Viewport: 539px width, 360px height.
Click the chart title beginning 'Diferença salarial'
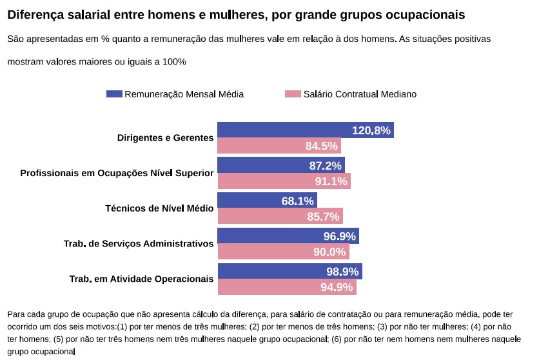236,14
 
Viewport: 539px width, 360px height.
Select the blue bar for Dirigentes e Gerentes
284,130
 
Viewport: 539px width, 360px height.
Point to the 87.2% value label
326,166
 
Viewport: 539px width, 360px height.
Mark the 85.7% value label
323,217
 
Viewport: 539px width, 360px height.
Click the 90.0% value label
329,252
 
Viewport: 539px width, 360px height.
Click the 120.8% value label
371,130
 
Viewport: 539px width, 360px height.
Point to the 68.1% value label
298,201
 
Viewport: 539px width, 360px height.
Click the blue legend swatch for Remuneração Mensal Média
114,94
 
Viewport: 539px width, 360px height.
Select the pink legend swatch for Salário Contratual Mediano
293,94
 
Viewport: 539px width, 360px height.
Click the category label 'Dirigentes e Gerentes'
165,138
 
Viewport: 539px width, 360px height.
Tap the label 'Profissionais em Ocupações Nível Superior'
117,174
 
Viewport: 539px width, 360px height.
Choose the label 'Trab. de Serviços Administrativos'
138,244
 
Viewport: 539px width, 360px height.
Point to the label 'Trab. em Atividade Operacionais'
141,279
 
